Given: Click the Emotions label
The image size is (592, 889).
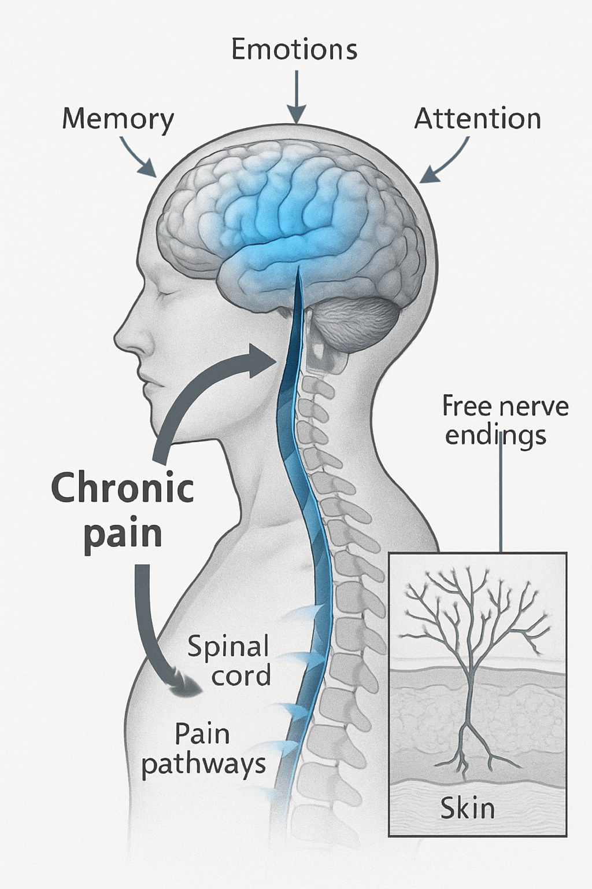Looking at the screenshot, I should [294, 50].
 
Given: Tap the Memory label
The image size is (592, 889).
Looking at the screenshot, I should [117, 119].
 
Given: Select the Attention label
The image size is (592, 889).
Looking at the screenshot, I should [478, 119].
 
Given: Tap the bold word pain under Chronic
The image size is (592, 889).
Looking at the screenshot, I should [123, 534].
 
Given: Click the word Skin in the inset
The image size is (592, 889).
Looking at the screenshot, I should [468, 808].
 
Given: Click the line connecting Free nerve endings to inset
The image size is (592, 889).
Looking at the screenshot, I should [501, 498].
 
